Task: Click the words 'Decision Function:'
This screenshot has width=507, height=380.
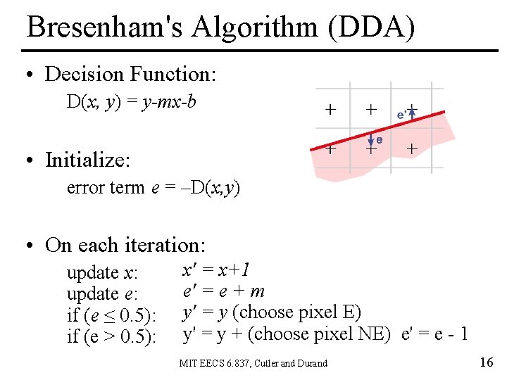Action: (130, 74)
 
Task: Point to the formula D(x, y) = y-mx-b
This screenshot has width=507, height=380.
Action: (131, 102)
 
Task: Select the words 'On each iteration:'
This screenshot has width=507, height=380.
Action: (125, 245)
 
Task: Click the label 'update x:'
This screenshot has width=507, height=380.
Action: (102, 273)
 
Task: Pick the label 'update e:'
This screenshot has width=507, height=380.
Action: (102, 294)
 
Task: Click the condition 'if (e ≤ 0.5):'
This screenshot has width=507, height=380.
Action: (111, 315)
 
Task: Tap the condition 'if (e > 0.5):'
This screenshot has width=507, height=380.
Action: (111, 336)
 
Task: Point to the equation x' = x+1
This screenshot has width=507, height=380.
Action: (216, 270)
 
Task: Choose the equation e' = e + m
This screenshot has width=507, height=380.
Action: (223, 291)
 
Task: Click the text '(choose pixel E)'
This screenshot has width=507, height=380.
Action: (296, 312)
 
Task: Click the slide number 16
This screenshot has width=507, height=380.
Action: (485, 362)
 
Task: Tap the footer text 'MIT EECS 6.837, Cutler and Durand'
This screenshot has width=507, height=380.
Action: (254, 363)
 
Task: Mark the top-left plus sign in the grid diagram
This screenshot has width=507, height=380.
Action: (330, 110)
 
